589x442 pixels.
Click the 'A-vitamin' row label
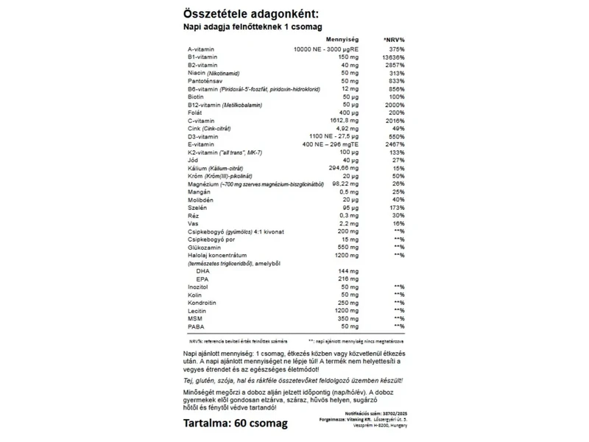point(201,49)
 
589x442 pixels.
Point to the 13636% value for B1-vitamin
point(393,57)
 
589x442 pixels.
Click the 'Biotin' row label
point(196,96)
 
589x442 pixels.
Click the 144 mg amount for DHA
point(348,272)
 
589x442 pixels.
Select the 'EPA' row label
point(202,280)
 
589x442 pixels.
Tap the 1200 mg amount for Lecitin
point(346,310)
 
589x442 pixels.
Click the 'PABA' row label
point(196,326)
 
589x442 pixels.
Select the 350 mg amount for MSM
point(348,318)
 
